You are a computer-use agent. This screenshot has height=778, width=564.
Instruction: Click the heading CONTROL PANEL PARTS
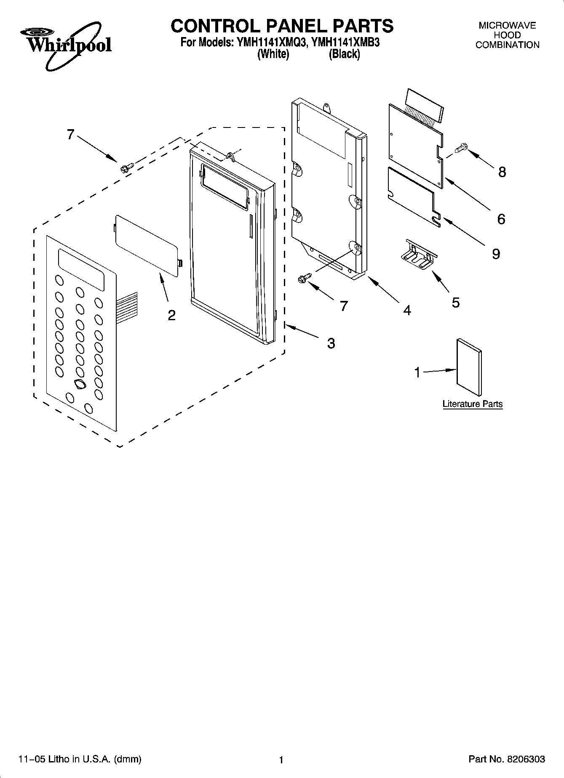tap(282, 26)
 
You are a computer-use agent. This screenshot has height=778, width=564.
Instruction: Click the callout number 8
tap(502, 172)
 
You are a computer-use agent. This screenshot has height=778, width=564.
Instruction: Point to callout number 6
tap(501, 219)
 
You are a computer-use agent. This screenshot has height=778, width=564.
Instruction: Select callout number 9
tap(496, 254)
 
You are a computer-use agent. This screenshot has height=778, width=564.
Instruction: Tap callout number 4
tap(406, 310)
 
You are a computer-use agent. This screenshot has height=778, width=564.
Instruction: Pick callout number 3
tap(331, 343)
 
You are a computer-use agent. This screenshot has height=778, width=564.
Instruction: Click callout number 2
tap(171, 315)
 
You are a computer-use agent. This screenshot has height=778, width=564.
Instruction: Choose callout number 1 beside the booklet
tap(417, 372)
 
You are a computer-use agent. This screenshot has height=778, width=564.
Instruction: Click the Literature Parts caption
tap(472, 404)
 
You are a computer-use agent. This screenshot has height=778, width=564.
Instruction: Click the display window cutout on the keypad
tap(81, 269)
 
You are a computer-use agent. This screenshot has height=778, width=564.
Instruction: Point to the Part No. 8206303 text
tap(506, 759)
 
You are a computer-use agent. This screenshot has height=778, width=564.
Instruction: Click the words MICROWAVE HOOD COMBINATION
tap(507, 35)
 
